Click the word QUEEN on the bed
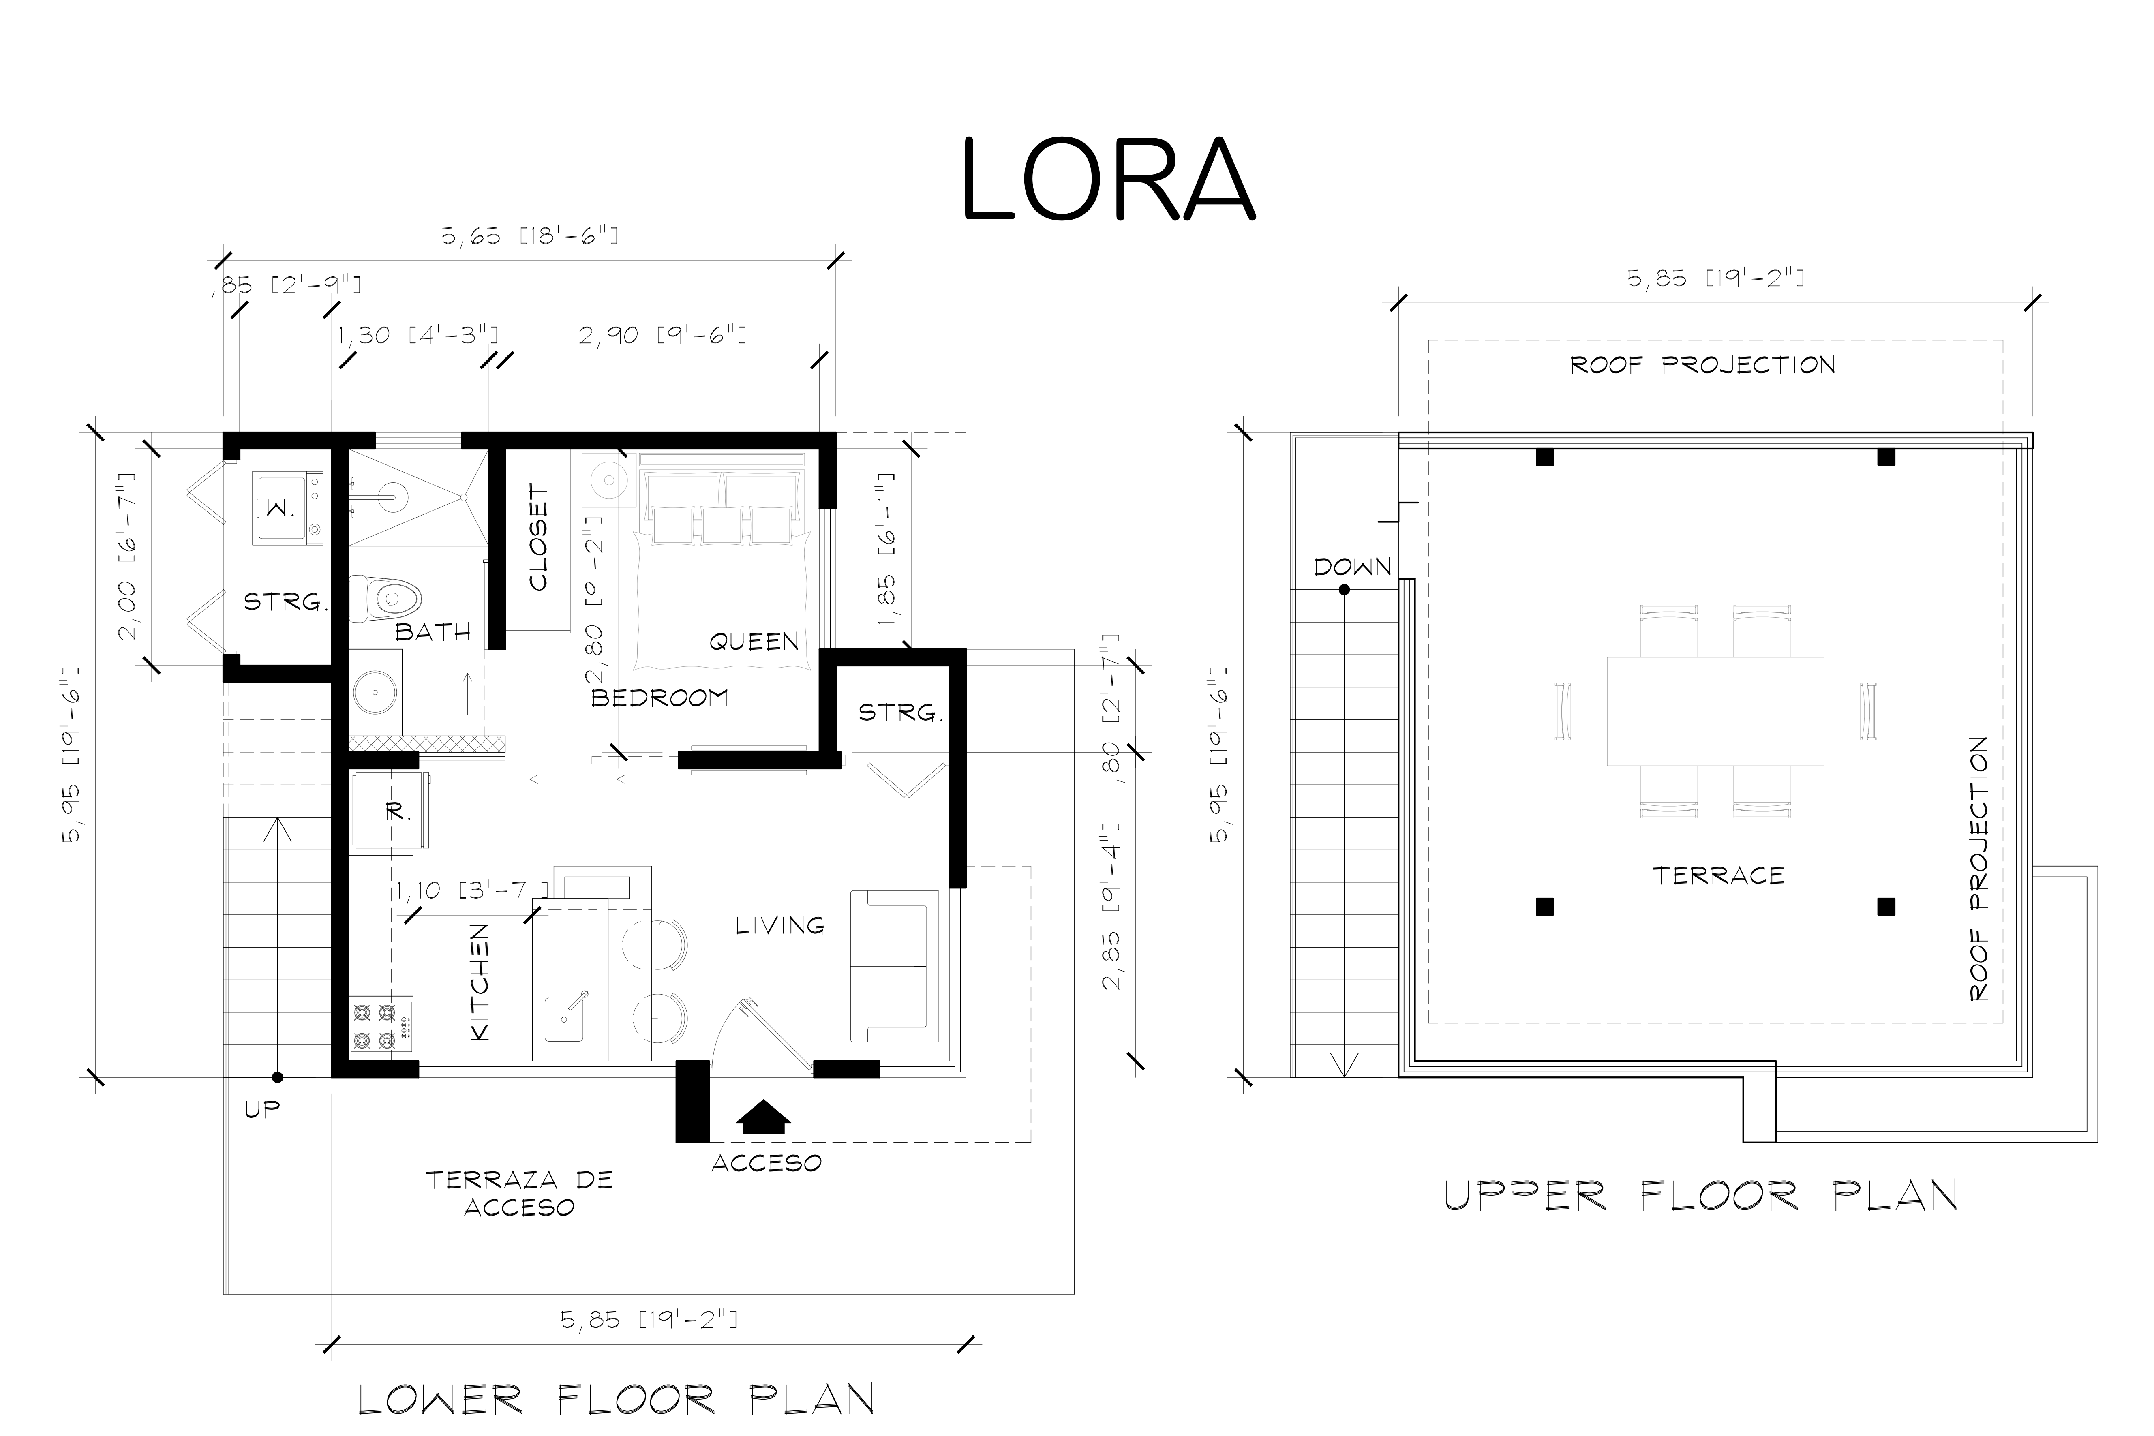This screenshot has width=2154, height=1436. coord(754,642)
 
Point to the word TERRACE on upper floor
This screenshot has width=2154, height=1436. coord(1718,875)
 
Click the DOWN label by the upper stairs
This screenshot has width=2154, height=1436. coord(1352,567)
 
